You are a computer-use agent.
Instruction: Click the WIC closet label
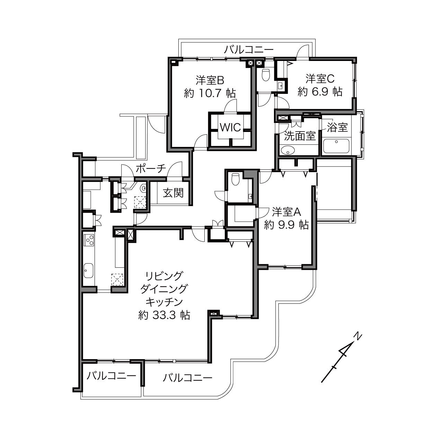coord(230,127)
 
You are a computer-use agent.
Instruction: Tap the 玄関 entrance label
coord(174,193)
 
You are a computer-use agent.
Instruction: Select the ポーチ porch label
coord(151,169)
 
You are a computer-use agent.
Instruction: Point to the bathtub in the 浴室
coord(336,146)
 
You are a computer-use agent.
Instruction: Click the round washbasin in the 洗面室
coord(288,150)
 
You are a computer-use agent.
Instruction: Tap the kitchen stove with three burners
coord(89,240)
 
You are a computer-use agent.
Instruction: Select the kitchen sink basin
coord(88,270)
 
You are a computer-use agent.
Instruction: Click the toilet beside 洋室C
coord(266,74)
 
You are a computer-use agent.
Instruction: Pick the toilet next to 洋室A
coord(235,179)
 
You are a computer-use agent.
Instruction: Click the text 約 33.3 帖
coord(164,315)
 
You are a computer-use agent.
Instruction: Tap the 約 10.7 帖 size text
coord(210,93)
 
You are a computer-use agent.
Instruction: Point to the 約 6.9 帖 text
coord(320,92)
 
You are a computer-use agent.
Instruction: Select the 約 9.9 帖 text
coord(286,225)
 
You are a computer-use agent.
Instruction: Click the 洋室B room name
coord(210,80)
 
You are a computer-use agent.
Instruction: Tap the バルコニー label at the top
coord(249,50)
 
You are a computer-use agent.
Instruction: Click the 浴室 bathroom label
coord(337,127)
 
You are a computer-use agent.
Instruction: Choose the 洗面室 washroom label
coord(300,136)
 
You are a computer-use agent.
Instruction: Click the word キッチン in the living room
coord(164,302)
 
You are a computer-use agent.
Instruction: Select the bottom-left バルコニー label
coord(112,376)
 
